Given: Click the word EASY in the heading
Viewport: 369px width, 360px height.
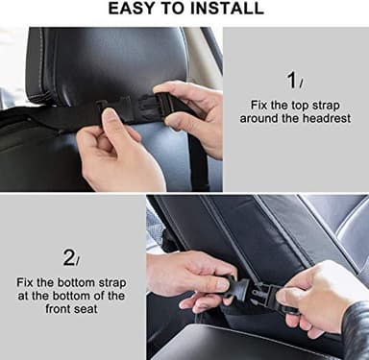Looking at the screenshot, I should click(x=135, y=9).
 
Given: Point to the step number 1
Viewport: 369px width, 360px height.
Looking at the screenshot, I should click(x=290, y=80).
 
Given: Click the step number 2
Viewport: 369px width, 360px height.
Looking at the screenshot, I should click(x=68, y=256).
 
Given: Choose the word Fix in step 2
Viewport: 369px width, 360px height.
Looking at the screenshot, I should click(x=28, y=282).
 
